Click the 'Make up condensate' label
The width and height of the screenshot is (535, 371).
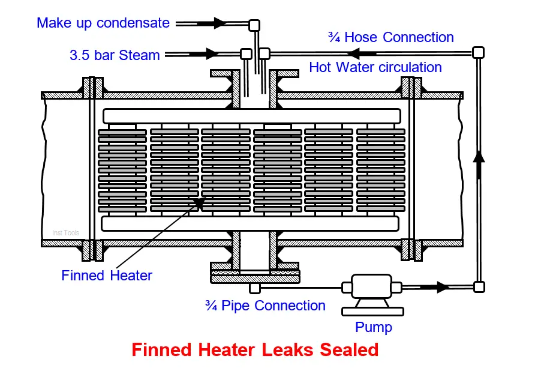tap(103, 23)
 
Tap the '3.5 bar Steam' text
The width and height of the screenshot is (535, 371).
tap(115, 55)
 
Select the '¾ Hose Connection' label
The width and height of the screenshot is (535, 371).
tap(391, 37)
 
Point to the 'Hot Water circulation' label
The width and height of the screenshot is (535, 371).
tap(375, 67)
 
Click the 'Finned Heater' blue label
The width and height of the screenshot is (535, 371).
tap(107, 276)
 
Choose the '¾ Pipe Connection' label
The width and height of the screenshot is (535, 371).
tap(265, 306)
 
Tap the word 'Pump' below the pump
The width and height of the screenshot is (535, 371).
tap(374, 327)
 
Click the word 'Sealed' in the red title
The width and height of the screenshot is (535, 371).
tap(349, 350)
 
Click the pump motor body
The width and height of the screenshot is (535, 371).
tap(372, 286)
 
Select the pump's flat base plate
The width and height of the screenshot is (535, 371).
tap(372, 311)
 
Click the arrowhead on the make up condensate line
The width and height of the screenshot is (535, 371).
tap(220, 23)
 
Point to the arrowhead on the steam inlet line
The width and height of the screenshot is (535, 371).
tap(212, 54)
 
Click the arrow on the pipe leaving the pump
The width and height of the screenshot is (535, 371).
tap(443, 287)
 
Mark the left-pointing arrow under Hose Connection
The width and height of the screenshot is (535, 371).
tap(353, 53)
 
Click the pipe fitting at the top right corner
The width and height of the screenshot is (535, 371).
tap(479, 53)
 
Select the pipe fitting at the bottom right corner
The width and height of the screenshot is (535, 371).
tap(479, 287)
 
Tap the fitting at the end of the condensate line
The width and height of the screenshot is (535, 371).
tap(254, 25)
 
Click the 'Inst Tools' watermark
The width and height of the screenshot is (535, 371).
tap(65, 233)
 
